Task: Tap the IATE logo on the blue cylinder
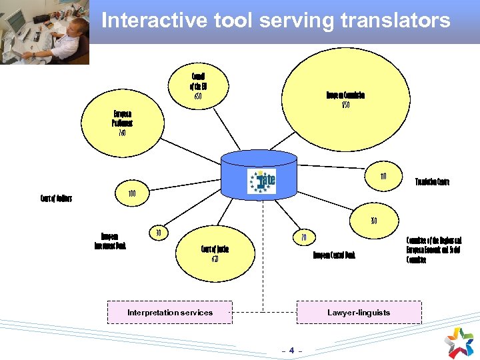pos(261,181)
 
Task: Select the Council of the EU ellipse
pos(198,87)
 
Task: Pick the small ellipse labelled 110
pos(383,177)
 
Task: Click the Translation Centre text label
pos(432,181)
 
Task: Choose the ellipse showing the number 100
pos(132,193)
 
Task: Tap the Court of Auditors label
pos(56,198)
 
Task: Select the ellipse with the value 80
pos(374,221)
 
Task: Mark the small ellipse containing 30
pos(158,233)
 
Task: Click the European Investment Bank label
pos(110,241)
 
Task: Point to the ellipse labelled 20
pos(303,237)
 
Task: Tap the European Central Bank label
pos(334,255)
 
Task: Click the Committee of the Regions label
pos(433,249)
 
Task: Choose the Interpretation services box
pos(170,312)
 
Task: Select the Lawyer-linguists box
pos(359,312)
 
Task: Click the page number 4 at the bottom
pos(291,349)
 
